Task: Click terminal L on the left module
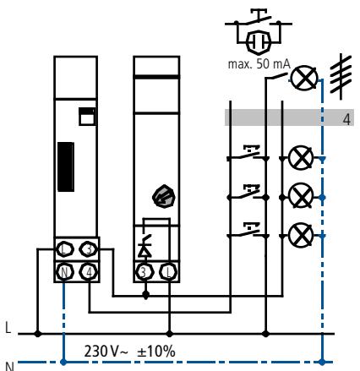click(64, 249)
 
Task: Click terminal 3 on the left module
click(89, 249)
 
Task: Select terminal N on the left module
click(64, 272)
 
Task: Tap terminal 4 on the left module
click(89, 272)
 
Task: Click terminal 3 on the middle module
click(145, 272)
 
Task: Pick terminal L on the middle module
click(168, 272)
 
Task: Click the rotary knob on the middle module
click(164, 196)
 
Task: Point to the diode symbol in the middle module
click(145, 249)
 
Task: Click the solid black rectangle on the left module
click(66, 166)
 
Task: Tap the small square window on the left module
click(87, 117)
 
